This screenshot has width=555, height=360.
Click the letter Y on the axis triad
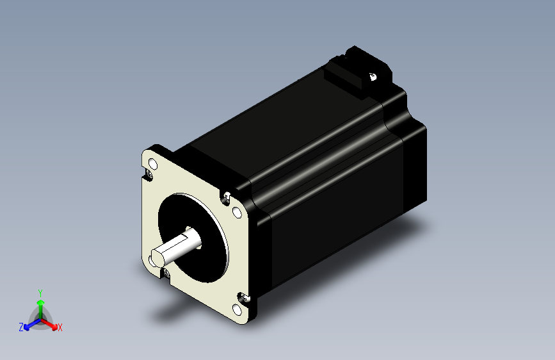[40, 293]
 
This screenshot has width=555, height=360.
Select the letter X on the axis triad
[60, 327]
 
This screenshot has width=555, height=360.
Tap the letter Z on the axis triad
[21, 327]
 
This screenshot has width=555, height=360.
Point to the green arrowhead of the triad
[41, 302]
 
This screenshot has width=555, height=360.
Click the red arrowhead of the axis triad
[54, 326]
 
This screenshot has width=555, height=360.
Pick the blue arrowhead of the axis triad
[27, 327]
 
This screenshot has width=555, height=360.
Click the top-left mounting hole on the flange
[153, 164]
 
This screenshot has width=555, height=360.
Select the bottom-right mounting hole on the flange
[237, 309]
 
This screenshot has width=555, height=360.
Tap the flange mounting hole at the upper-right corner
[236, 212]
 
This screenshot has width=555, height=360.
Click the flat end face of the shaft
[157, 256]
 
